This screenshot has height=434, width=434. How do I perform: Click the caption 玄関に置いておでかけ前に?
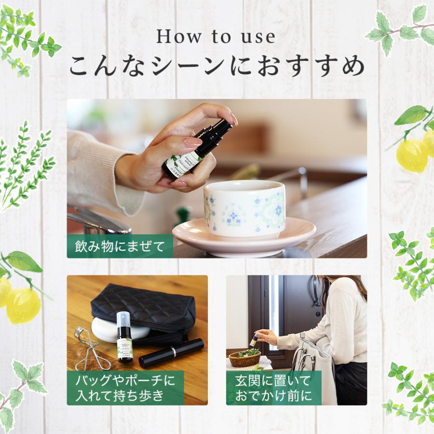click(x=274, y=388)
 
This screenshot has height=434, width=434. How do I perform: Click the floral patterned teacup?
click(x=244, y=208)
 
